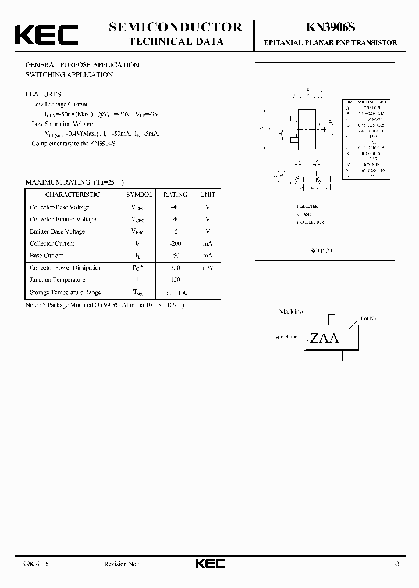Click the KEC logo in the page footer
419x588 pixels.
point(209,564)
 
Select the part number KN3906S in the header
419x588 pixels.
point(331,27)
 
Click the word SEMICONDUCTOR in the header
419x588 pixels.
point(176,27)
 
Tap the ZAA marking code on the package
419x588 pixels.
point(324,338)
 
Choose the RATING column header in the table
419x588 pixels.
point(175,195)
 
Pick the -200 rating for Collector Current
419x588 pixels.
point(175,243)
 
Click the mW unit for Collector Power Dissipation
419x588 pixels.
point(208,268)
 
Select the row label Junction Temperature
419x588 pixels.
point(58,280)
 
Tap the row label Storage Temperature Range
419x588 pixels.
point(65,292)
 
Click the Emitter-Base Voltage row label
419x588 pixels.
point(57,231)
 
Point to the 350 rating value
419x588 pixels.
point(175,268)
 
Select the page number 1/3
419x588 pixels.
point(395,564)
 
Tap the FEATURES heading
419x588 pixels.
point(42,94)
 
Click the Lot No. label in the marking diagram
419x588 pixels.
point(368,318)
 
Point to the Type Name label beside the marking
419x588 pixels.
point(285,336)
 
